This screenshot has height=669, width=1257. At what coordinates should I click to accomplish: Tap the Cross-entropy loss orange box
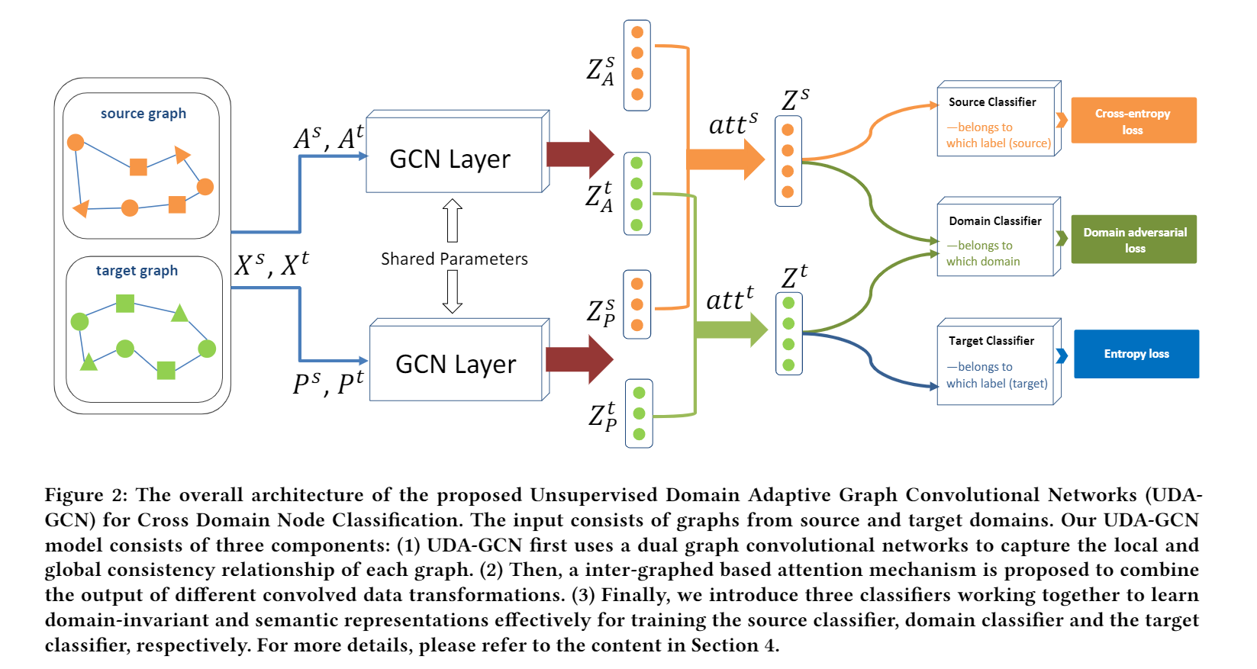[1133, 121]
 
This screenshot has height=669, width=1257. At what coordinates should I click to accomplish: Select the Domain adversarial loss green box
[1133, 240]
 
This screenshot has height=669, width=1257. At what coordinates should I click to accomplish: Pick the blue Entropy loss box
[1136, 354]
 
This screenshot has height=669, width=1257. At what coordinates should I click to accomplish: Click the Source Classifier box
[995, 121]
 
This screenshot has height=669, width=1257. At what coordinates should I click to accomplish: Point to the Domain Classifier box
[995, 239]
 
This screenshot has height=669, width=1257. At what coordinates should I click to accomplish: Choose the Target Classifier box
[995, 362]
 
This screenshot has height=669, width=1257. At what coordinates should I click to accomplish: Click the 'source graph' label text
[143, 114]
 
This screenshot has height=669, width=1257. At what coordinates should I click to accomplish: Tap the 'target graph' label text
[137, 271]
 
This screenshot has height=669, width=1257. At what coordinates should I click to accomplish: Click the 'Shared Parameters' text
[454, 259]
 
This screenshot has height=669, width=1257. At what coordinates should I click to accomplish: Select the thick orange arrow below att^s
[725, 159]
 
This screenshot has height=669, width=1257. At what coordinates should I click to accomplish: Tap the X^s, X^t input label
[272, 265]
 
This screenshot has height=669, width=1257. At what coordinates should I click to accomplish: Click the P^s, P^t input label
[328, 382]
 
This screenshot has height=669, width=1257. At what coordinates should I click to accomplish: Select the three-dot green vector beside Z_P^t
[639, 413]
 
